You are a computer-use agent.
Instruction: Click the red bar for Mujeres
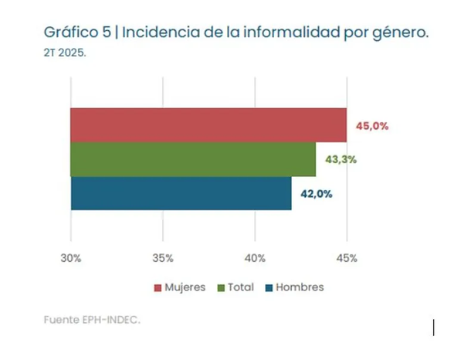(208, 125)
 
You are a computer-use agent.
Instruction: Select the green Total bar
(193, 159)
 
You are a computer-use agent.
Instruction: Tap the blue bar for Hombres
(181, 193)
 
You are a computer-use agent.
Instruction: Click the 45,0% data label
(371, 126)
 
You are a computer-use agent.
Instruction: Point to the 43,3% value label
(341, 160)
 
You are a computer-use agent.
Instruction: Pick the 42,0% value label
(317, 194)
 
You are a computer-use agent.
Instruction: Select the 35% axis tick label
(163, 257)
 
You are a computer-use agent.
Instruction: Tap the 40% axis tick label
(255, 257)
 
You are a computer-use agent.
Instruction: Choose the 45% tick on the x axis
(347, 257)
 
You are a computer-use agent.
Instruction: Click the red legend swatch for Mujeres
(158, 287)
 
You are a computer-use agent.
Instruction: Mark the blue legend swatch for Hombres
(269, 287)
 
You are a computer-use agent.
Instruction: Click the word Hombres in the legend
(300, 287)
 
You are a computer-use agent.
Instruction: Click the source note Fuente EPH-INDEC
(92, 319)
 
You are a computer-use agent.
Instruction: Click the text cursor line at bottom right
(434, 328)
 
